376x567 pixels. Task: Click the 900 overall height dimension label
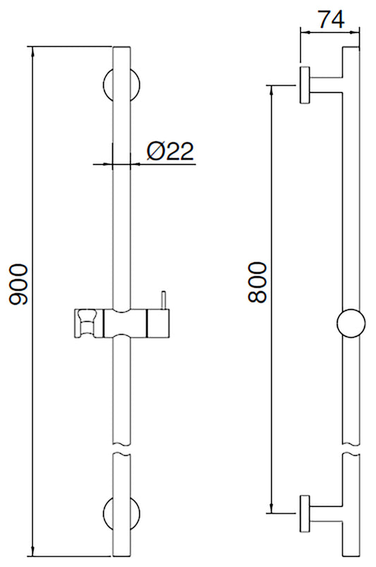(x=17, y=284)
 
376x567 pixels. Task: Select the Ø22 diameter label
(x=170, y=151)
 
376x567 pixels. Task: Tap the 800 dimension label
(x=257, y=282)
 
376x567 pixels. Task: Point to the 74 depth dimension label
(x=331, y=19)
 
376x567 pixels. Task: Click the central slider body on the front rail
(x=127, y=324)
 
